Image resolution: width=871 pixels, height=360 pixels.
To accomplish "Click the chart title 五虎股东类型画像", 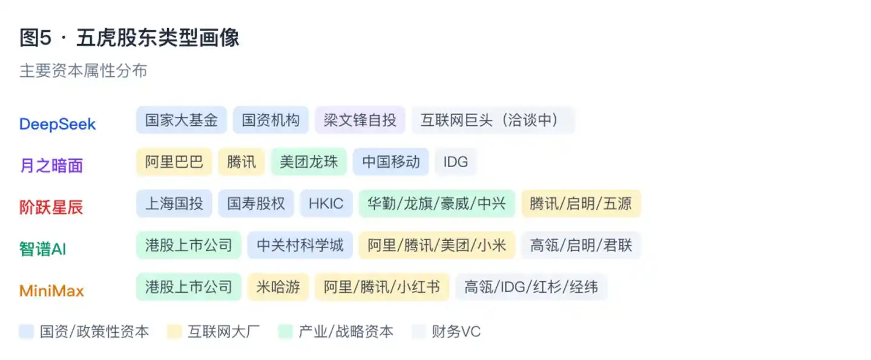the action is [x=157, y=38].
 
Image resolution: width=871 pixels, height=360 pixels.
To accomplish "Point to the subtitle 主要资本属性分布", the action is [x=83, y=71].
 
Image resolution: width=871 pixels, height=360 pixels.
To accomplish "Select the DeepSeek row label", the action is [x=58, y=124].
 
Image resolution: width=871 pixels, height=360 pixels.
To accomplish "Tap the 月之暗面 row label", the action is [x=51, y=166].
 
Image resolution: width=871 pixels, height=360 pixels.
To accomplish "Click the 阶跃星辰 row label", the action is [x=51, y=207].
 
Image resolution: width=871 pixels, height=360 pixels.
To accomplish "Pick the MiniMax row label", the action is [x=51, y=291].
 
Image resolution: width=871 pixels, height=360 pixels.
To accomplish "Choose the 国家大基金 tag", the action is [x=181, y=120].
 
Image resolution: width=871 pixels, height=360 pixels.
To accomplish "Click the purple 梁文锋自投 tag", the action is [x=360, y=120].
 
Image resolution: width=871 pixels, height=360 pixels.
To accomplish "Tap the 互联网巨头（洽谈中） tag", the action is [x=493, y=120].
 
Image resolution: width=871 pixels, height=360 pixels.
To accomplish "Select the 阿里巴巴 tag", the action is [x=174, y=162].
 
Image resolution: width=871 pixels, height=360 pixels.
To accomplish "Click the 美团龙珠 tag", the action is [x=309, y=162].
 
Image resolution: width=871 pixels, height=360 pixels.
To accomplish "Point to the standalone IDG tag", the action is [x=456, y=162].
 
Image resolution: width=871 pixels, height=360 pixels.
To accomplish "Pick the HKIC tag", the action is [x=326, y=203].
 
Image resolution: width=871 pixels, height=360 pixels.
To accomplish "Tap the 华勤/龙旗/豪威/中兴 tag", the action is [x=437, y=203].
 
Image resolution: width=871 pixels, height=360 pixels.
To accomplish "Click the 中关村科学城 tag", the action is [x=300, y=245].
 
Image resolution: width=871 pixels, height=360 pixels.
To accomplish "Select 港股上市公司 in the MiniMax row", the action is [x=189, y=287].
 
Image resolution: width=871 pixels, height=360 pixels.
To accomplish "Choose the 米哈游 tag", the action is [x=278, y=287].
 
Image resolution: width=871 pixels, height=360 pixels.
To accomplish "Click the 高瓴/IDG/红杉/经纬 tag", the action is [x=531, y=287].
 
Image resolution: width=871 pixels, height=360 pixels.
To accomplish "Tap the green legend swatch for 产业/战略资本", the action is [x=286, y=332].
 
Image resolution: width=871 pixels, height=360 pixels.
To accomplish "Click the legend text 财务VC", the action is [x=456, y=332].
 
